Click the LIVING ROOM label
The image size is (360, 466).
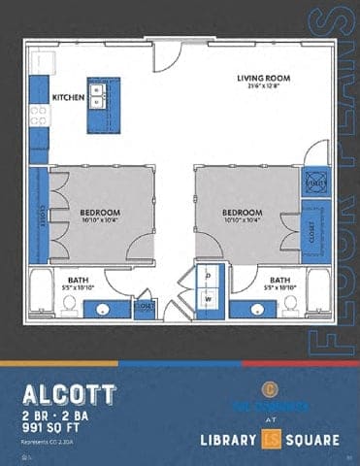point(258,78)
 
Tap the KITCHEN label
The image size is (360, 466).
point(68,97)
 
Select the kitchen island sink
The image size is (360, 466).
point(98,95)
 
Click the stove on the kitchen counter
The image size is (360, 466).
point(39,116)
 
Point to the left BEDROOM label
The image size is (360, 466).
point(100,212)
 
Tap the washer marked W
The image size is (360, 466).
point(209,299)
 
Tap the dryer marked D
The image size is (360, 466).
point(209,276)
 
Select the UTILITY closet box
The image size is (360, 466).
point(315,182)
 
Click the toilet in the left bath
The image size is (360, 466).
point(69,305)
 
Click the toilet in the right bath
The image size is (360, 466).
point(290,305)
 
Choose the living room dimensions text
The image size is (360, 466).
point(258,87)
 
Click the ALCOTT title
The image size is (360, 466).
point(68,394)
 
